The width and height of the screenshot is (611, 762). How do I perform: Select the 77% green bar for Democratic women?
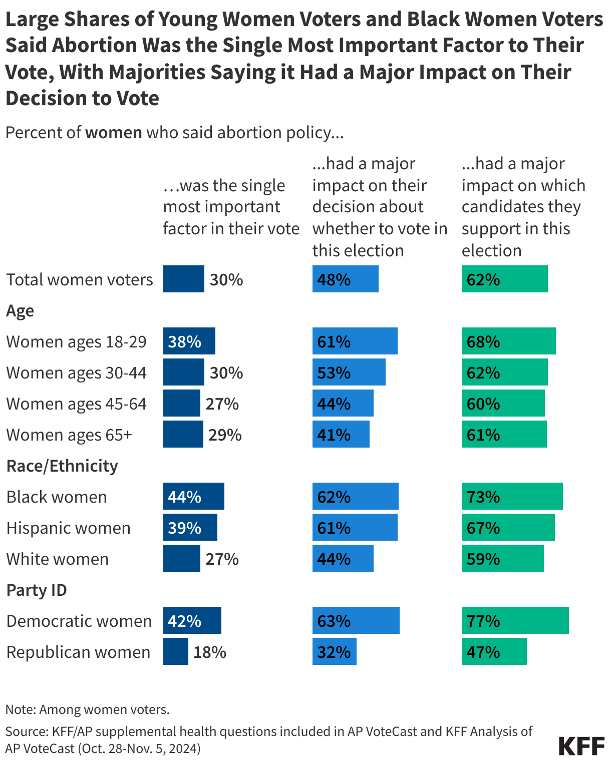point(515,621)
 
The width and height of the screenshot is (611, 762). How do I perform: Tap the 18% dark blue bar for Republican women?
point(175,652)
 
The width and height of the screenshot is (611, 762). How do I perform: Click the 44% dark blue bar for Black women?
point(193,497)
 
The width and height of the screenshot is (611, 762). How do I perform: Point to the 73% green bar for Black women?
point(512,497)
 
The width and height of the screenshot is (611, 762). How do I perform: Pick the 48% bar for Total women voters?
point(345,279)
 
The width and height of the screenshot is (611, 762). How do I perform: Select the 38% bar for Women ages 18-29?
point(189,341)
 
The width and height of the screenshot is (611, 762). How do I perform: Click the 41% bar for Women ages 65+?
point(341,435)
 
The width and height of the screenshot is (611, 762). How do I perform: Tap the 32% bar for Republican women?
point(334,652)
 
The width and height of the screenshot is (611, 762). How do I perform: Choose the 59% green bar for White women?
point(502,559)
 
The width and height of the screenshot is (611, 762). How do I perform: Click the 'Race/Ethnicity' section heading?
point(62,466)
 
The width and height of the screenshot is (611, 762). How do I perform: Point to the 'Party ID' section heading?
point(37,590)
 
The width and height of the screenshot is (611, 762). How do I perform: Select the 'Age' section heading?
point(20,311)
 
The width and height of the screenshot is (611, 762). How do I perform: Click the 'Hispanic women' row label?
point(69,528)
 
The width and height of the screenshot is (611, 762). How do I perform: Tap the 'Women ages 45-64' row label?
point(76,404)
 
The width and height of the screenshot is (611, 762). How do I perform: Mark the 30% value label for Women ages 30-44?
point(226,373)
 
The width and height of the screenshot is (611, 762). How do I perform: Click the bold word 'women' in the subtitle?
point(114,133)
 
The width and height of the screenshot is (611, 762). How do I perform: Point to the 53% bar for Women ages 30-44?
point(349,372)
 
